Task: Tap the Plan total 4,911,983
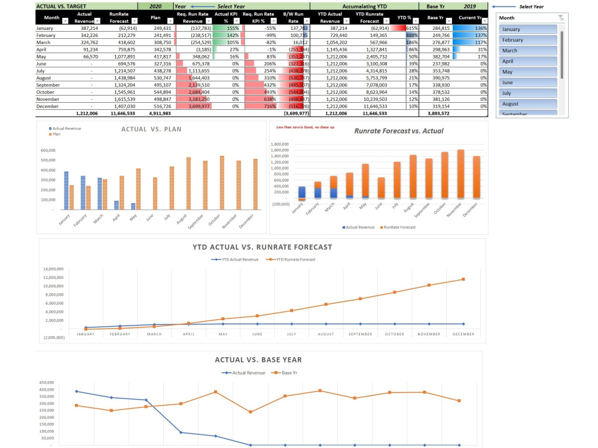[159, 113]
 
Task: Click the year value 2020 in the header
[155, 6]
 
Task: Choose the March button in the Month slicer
[528, 51]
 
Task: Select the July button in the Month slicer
[528, 93]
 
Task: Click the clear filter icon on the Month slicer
[560, 18]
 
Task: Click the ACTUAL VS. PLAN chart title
[151, 129]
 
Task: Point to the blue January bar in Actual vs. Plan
[66, 190]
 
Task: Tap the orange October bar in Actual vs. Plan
[222, 182]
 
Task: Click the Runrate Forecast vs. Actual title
[398, 131]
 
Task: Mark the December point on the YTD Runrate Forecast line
[463, 280]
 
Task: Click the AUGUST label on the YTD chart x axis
[326, 334]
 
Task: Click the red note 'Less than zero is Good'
[305, 127]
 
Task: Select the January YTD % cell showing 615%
[411, 28]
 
